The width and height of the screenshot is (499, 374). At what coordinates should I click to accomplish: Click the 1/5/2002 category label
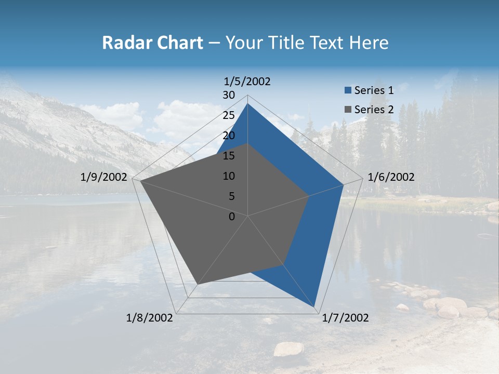pos(247,82)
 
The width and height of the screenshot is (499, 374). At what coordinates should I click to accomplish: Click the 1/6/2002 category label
pos(391,177)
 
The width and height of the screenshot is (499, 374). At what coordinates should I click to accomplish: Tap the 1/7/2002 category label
pos(345,318)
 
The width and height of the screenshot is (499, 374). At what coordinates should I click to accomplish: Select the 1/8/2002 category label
pos(150,318)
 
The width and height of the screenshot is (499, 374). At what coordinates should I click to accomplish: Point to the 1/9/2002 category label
pos(104,177)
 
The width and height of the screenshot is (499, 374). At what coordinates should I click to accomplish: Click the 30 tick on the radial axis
pos(229,95)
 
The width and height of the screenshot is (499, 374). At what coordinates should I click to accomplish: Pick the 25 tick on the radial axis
pos(229,115)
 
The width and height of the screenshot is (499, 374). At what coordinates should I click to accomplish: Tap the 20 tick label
pos(229,136)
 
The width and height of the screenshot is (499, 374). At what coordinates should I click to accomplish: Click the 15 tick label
pos(229,156)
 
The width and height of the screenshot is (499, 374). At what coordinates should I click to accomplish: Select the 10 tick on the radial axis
pos(229,176)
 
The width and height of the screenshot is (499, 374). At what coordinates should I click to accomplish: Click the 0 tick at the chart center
pos(232,217)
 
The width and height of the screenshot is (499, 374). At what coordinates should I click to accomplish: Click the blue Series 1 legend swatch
pos(348,90)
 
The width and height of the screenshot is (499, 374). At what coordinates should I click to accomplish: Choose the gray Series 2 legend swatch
pos(348,110)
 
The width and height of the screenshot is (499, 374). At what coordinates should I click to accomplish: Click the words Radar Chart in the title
pos(152,43)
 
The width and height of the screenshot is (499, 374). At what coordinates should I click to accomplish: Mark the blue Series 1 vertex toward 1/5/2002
pos(247,104)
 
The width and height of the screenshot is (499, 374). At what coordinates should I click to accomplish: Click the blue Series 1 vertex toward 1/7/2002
pos(315,306)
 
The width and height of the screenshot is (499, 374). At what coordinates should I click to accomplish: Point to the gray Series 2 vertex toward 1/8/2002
pos(197,284)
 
